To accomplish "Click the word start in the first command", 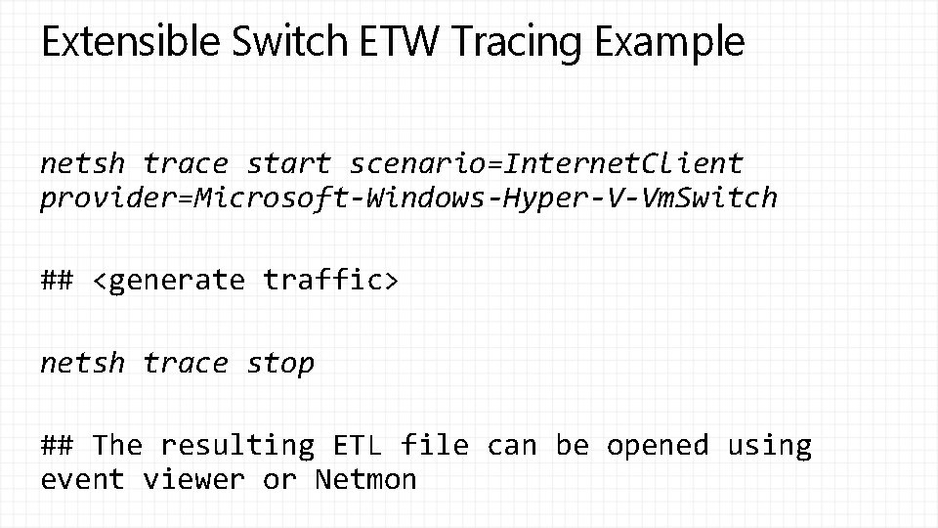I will point(289,163).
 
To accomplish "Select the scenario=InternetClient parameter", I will point(546,163).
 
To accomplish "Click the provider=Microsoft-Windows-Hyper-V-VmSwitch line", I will point(408,198).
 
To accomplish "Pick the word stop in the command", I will point(280,364).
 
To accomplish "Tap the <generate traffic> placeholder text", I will point(245,281).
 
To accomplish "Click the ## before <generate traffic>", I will point(57,281).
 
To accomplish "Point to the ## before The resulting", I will point(57,446).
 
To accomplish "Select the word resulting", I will point(236,446).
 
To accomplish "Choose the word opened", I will point(658,446).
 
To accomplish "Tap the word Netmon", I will point(365,480).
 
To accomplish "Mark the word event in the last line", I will point(83,480).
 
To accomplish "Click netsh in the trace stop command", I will point(83,364).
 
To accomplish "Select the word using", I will point(769,446).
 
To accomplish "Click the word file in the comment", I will point(435,446).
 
